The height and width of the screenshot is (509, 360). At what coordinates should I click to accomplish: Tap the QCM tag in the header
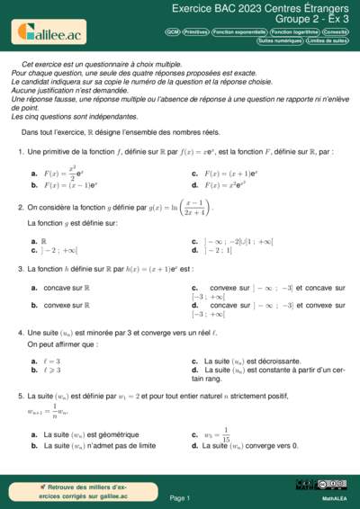click(172, 31)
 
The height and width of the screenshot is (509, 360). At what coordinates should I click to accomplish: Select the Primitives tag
click(195, 31)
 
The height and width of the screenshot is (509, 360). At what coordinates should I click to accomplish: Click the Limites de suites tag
click(328, 41)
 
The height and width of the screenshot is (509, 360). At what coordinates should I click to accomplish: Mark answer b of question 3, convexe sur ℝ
click(68, 305)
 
